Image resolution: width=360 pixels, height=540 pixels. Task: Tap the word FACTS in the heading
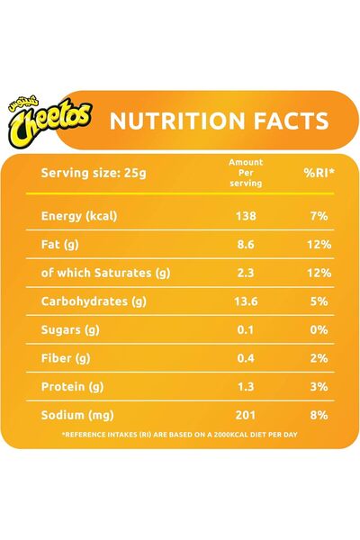point(285,121)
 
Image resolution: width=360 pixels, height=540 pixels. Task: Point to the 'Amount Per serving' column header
point(246,172)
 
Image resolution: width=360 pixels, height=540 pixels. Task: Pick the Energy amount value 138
point(246,216)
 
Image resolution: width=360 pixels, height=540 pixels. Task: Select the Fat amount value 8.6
point(246,243)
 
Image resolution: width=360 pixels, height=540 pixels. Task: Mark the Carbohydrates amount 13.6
point(246,301)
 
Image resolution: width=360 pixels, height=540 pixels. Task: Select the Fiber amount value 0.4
point(246,357)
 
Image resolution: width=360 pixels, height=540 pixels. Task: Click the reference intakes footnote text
point(180,436)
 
